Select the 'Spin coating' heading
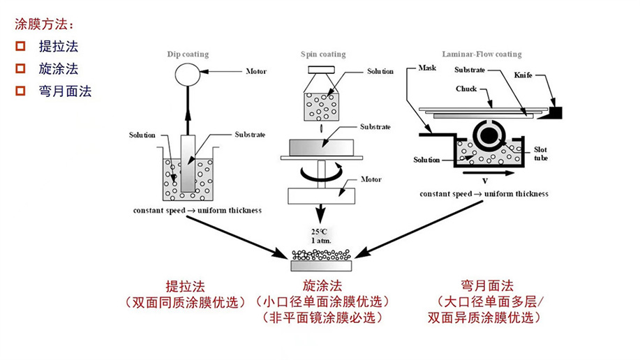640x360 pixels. [x=322, y=54]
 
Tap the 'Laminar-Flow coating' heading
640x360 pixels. [x=482, y=54]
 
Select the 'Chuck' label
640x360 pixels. [x=466, y=89]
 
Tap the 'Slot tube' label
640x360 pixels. [x=541, y=153]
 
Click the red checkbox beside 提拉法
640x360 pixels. [x=20, y=47]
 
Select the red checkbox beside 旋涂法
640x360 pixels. [x=20, y=68]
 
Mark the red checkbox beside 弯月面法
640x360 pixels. [x=20, y=90]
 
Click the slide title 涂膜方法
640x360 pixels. [x=43, y=24]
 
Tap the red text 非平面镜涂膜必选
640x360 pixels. [x=322, y=318]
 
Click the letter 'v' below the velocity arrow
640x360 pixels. [x=484, y=180]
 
